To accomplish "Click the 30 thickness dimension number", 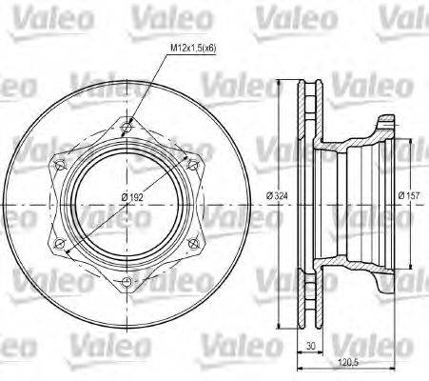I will tap(308, 348).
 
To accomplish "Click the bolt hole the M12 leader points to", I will tap(129, 122).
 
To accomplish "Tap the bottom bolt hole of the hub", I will tap(129, 282).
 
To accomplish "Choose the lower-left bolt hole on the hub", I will tap(61, 242).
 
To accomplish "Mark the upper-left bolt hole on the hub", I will tap(61, 163).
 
